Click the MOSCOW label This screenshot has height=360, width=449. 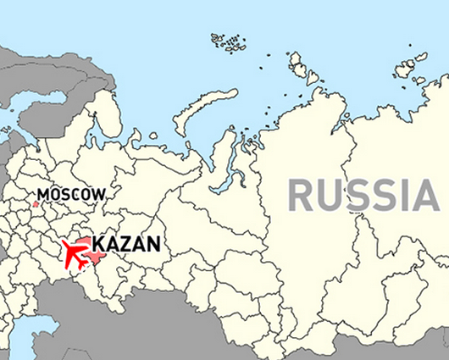pos(71,194)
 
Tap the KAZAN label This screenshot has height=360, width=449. pos(125,246)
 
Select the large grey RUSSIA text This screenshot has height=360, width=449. pos(363,196)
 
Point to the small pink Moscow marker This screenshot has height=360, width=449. pos(36,203)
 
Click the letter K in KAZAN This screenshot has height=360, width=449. pos(98,246)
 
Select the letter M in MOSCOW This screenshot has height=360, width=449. pos(42,194)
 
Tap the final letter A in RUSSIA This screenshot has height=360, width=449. pos(428,196)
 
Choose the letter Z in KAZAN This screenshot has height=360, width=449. pos(125,246)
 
